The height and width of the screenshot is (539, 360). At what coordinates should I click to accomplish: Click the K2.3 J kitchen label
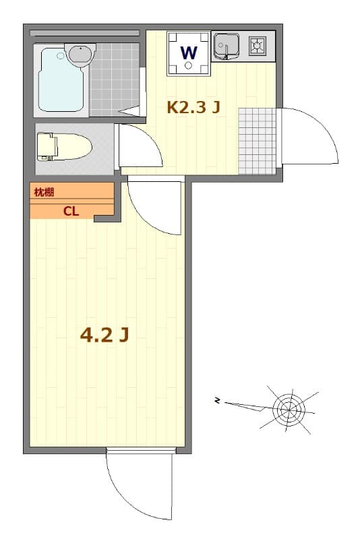click(x=193, y=106)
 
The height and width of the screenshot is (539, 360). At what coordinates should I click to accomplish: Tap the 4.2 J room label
click(x=104, y=334)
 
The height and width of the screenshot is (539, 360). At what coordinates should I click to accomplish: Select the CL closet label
click(x=71, y=210)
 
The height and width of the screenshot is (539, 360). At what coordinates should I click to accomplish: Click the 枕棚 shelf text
click(x=44, y=193)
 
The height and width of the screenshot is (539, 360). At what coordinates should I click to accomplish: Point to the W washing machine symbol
click(x=189, y=51)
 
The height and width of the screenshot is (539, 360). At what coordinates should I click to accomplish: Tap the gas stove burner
click(x=258, y=46)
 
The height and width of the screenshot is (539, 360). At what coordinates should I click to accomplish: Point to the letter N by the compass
click(x=218, y=402)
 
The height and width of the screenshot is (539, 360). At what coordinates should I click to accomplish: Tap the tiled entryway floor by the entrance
click(x=258, y=139)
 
